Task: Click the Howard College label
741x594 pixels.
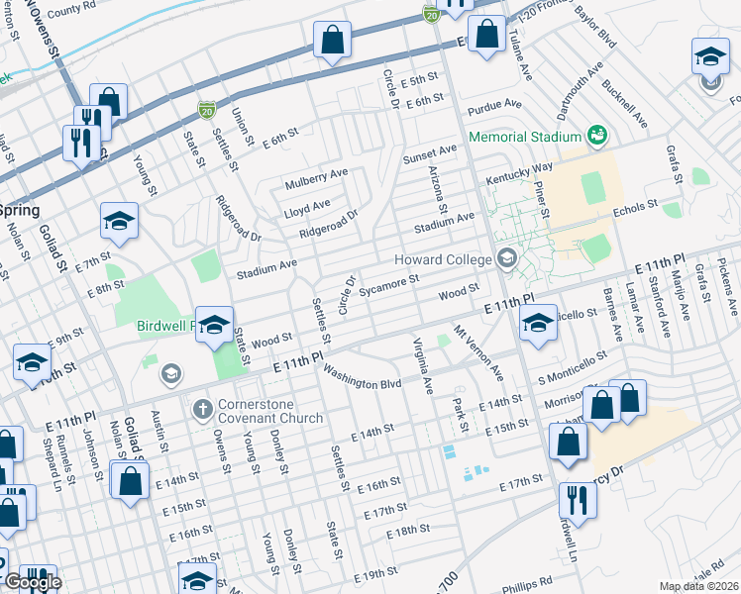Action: click(444, 259)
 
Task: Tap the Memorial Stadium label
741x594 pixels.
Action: click(524, 136)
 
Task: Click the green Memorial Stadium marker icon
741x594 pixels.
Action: click(596, 134)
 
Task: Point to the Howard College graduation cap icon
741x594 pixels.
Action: click(508, 259)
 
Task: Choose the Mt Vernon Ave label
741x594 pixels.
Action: click(478, 351)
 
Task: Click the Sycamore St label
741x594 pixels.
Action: click(390, 285)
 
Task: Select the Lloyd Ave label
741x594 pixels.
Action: click(307, 206)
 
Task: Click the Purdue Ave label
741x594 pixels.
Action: click(497, 103)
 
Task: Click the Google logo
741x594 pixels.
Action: click(33, 582)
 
